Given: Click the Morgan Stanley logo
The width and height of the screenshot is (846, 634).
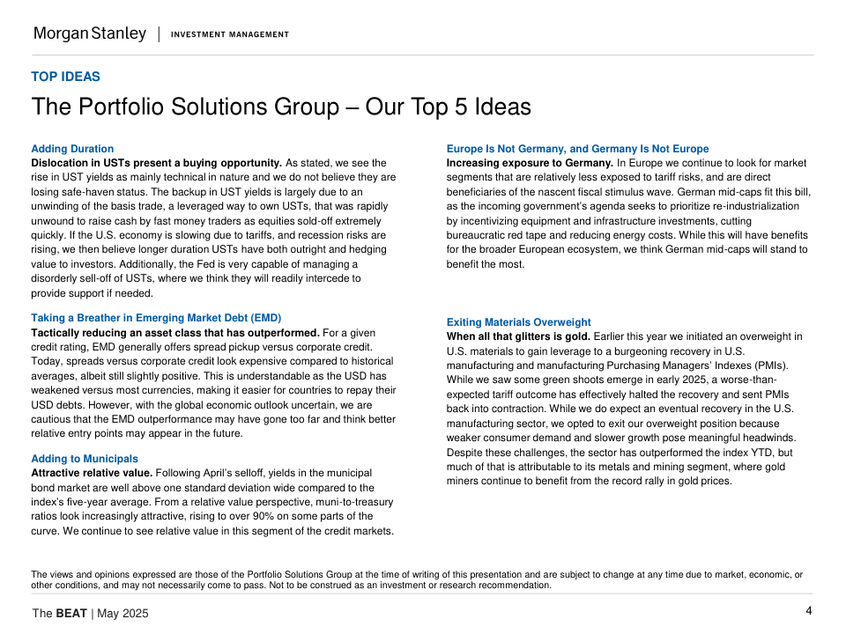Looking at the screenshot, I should pos(90,33).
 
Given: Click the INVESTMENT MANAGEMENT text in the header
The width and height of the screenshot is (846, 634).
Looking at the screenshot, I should pos(229,34).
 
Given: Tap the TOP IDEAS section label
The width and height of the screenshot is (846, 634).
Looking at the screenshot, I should pos(65,77).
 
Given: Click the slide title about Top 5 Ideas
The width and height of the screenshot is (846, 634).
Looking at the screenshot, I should pos(281,107).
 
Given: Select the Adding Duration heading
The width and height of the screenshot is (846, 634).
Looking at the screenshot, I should pos(72,149).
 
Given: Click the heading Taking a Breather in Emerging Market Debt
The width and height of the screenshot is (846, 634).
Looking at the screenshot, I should pos(156,318).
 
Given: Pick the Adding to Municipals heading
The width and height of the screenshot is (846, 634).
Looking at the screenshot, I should pos(85,459).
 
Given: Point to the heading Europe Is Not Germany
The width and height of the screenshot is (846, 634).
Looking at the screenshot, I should pos(577,149).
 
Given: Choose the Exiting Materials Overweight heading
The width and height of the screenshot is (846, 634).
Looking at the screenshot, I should pos(518,322).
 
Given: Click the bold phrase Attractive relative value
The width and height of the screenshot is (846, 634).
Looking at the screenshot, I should pos(92,473).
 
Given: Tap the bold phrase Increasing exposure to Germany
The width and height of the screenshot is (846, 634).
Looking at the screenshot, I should pos(530,163).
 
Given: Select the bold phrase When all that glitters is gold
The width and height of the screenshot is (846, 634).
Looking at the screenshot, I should pos(518,336).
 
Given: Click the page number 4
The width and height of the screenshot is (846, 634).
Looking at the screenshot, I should pos(808,611).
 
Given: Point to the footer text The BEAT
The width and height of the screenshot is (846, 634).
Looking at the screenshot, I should pos(60,613).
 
